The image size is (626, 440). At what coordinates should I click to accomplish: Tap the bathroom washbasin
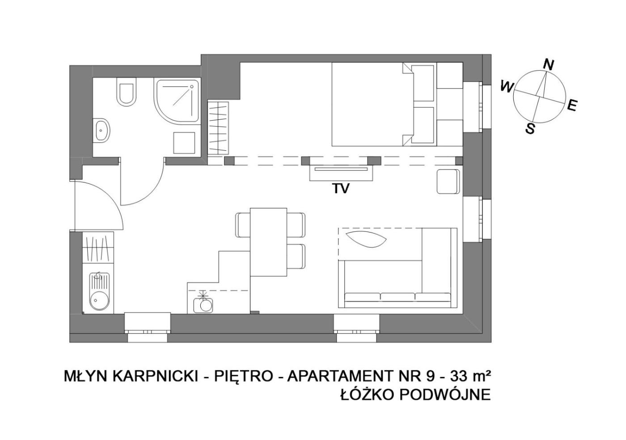pos(102,130)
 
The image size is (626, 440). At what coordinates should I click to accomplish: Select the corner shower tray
pos(177,101)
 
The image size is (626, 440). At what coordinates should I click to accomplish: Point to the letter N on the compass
pos(548,65)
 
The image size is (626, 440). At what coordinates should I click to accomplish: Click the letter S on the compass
pos(530,129)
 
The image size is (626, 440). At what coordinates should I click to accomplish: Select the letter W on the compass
pos(507,86)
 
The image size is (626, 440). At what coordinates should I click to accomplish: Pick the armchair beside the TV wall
pos(448,182)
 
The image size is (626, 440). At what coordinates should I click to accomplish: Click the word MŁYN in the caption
pos(86,377)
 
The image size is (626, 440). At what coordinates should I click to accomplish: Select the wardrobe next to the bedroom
pos(218,128)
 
